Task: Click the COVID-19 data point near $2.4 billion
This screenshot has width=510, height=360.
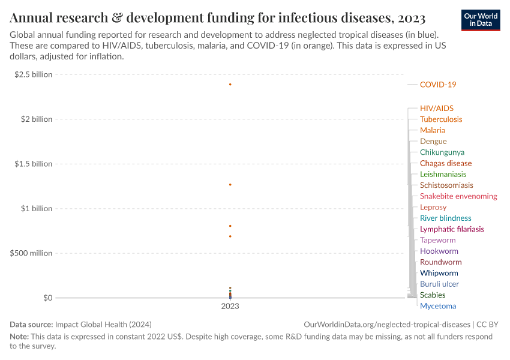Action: (x=230, y=85)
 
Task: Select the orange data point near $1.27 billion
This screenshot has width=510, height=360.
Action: (x=230, y=184)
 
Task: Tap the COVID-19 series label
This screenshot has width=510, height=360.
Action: (x=437, y=85)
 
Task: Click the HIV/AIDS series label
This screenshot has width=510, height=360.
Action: (x=436, y=109)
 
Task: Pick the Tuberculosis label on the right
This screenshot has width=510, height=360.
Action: (x=440, y=119)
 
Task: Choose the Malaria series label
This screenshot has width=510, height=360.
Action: (x=432, y=130)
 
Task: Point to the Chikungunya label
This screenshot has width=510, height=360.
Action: (x=442, y=152)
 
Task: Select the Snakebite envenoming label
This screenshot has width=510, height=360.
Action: (x=458, y=196)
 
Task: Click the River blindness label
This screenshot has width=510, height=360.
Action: (x=445, y=218)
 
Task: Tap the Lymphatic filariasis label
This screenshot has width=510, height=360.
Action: (x=451, y=229)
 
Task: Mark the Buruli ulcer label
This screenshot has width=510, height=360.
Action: (x=439, y=284)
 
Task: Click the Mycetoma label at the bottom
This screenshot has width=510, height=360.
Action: (x=437, y=306)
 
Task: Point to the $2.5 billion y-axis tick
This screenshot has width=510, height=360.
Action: (x=34, y=74)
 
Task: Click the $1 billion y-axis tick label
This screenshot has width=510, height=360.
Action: (x=37, y=209)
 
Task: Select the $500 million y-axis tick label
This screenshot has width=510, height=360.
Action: (x=31, y=253)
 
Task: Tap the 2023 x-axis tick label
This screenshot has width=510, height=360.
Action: (x=230, y=306)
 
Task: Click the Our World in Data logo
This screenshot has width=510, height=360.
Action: (x=481, y=20)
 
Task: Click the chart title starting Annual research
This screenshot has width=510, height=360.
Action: (x=218, y=18)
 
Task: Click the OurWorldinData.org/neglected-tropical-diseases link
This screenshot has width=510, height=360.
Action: (x=388, y=324)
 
